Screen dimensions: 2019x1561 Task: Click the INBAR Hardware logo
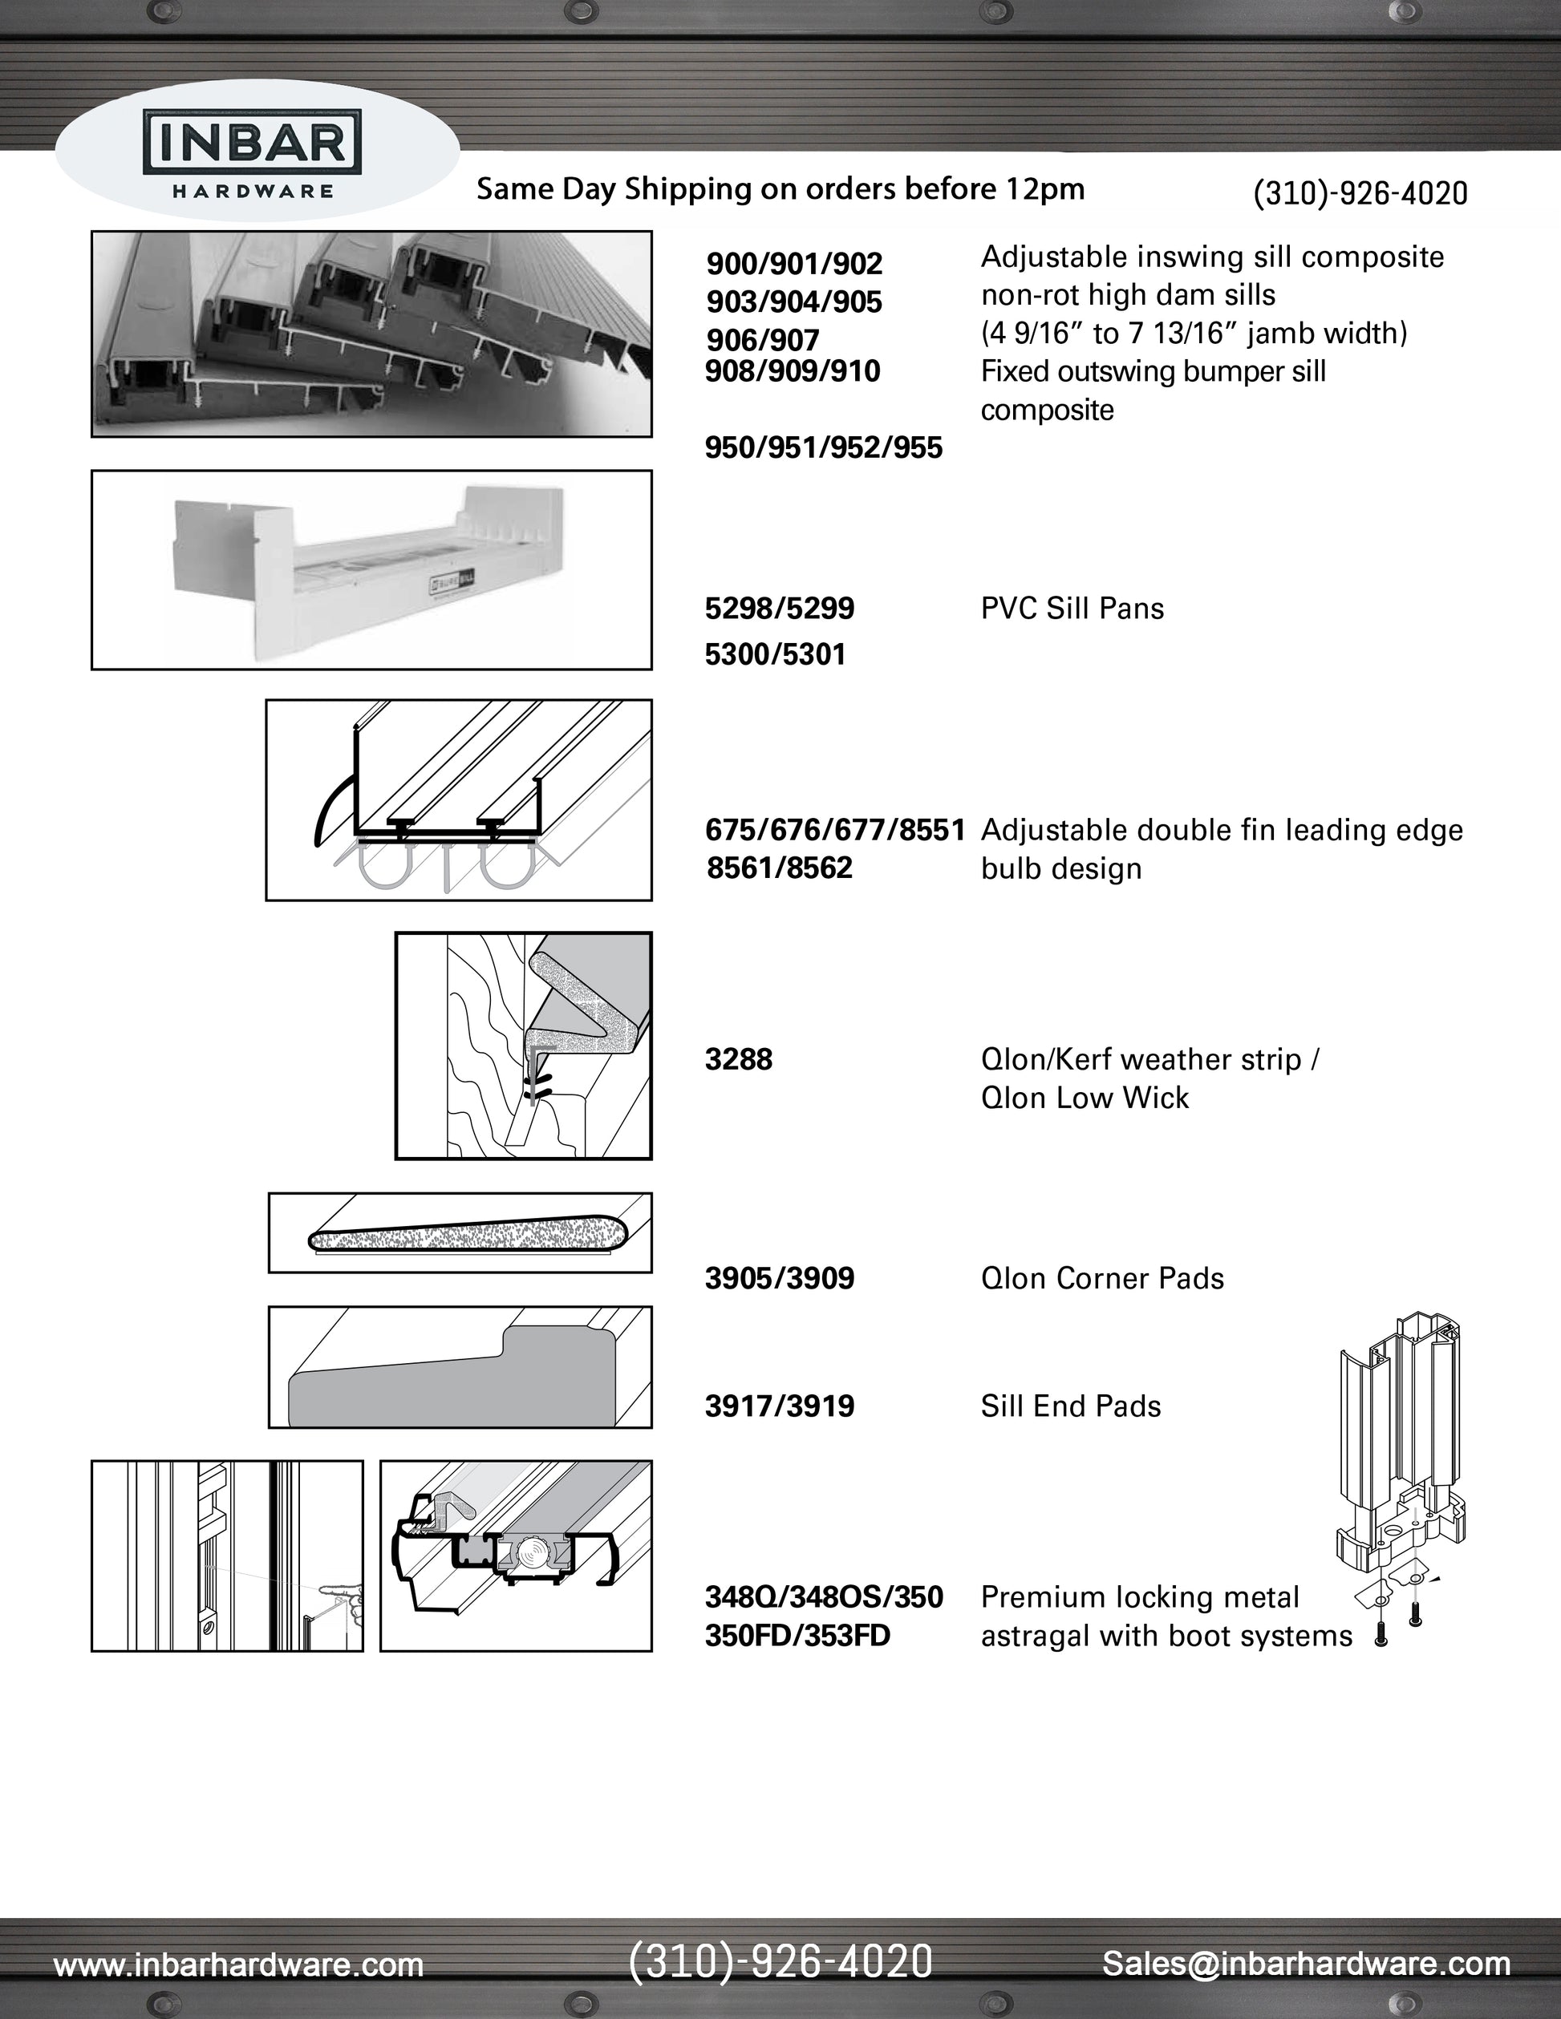click(252, 150)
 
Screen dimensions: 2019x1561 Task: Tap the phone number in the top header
click(1360, 193)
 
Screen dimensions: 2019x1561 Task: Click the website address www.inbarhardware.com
click(238, 1964)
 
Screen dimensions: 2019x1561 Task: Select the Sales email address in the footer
click(1306, 1963)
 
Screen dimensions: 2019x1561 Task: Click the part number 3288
click(738, 1059)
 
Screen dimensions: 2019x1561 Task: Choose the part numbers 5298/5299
click(780, 609)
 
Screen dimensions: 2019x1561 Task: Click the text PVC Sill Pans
click(1072, 609)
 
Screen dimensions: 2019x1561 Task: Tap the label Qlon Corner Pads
click(1101, 1279)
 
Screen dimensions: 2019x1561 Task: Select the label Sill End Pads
click(1070, 1406)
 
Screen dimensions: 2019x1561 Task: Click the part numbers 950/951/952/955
click(823, 448)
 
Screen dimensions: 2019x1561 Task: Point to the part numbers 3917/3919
click(780, 1406)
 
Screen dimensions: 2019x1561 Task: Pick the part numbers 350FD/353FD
click(797, 1636)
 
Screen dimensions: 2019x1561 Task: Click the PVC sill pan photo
click(371, 569)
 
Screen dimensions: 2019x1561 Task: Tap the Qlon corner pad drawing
click(460, 1233)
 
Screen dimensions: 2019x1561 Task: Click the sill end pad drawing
click(460, 1367)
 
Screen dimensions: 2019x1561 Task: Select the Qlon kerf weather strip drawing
click(524, 1046)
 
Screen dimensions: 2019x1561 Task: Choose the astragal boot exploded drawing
click(1401, 1479)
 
